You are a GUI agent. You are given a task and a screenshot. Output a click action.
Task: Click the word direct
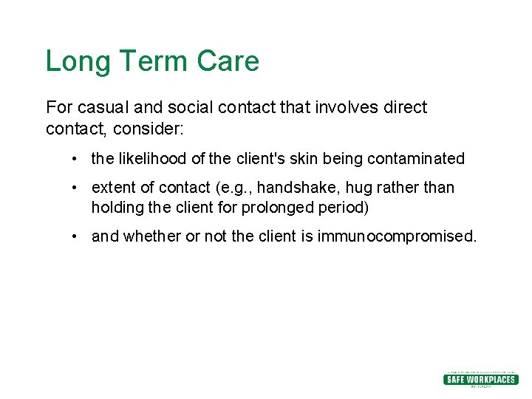tap(405, 107)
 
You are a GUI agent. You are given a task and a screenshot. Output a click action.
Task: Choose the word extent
tap(113, 188)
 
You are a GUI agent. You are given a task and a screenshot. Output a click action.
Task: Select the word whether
tap(151, 236)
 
